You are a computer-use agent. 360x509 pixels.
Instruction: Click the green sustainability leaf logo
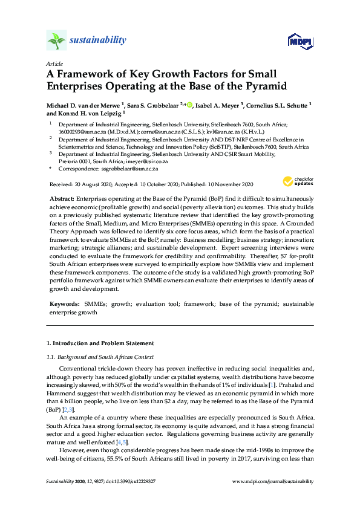(x=56, y=41)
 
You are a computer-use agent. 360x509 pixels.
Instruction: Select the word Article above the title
(x=54, y=63)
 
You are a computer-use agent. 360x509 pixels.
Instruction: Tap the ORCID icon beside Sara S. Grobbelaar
(x=189, y=105)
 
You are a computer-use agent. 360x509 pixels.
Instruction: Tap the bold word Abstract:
(x=62, y=199)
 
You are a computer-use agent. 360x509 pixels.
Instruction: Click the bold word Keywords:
(x=64, y=302)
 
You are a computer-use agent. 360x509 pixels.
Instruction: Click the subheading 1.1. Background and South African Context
(x=100, y=357)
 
